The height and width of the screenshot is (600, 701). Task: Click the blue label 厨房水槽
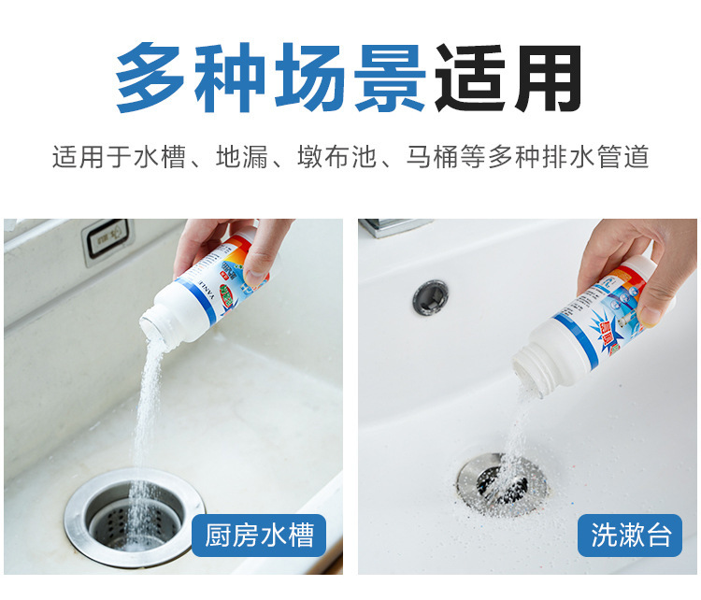click(x=260, y=536)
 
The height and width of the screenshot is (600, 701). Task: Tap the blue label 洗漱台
click(x=631, y=536)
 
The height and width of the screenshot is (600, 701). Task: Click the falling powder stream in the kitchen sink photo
click(x=145, y=421)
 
